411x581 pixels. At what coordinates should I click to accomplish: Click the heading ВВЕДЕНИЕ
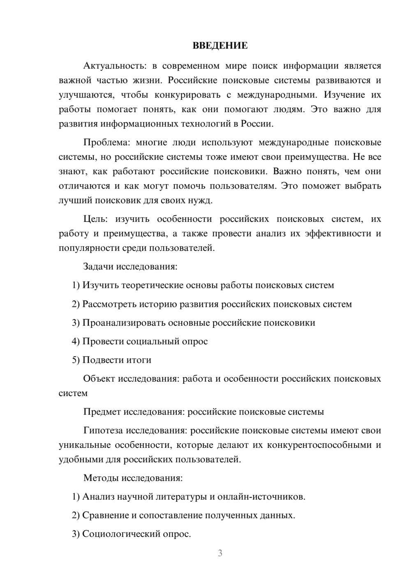[220, 46]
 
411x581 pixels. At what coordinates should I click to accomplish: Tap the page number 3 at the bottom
[220, 553]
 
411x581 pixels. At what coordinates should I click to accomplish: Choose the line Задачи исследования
[130, 266]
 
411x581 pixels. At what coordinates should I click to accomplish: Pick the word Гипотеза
[103, 430]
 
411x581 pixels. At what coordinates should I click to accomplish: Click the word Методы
[102, 478]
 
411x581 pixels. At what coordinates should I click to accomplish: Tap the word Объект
[99, 378]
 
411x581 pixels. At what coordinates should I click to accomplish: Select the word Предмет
[102, 412]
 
